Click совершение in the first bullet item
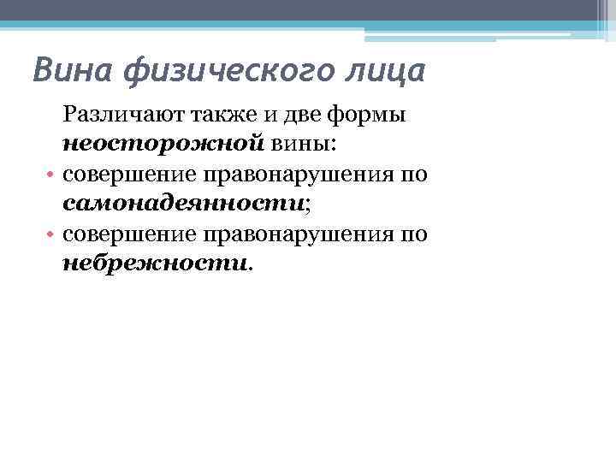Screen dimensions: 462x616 (x=127, y=175)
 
